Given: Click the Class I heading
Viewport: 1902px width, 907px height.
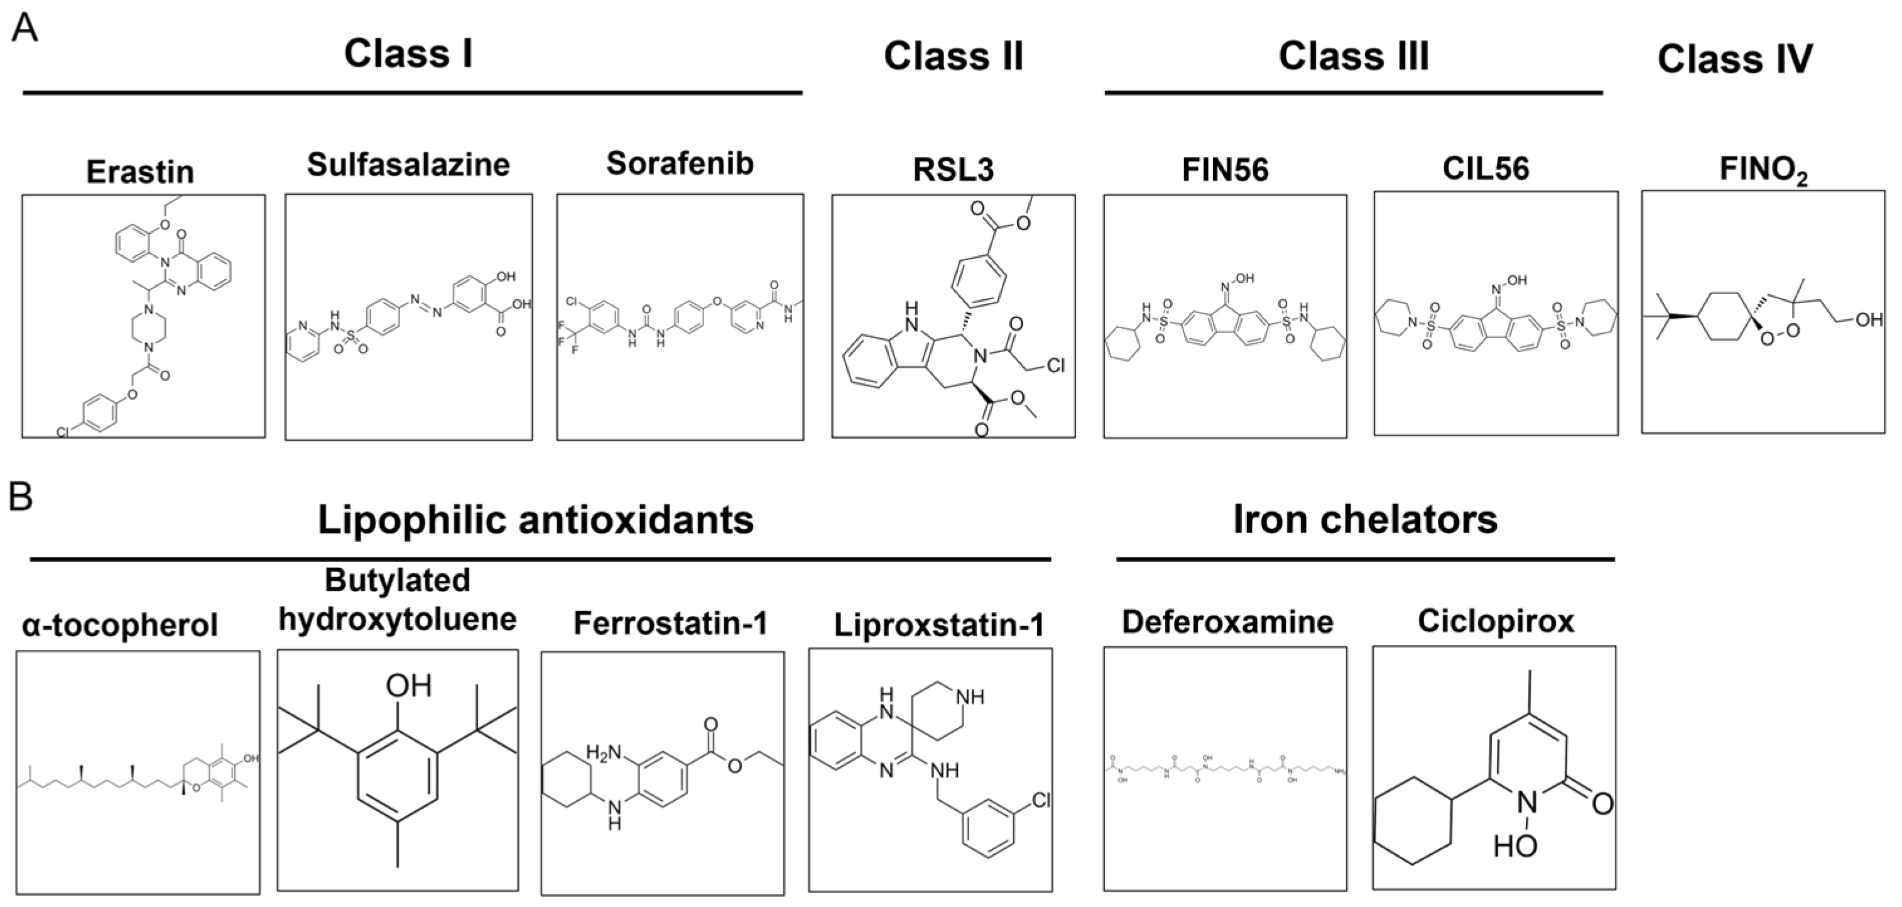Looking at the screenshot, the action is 408,54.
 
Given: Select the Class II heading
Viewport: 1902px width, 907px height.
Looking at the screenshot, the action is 954,56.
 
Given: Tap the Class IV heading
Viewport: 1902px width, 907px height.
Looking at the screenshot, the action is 1734,59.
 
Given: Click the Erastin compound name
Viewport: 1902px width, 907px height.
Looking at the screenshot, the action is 140,172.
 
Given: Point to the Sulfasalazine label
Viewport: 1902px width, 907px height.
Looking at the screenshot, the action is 408,164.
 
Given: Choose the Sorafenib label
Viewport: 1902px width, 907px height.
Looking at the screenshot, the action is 680,163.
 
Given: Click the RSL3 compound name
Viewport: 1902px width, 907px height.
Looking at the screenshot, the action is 954,170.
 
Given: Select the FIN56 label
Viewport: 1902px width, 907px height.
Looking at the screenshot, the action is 1225,170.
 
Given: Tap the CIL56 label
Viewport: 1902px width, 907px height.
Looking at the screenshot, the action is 1486,169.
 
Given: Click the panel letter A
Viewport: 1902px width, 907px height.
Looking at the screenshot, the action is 24,30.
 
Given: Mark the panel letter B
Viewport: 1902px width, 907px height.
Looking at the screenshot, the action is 20,497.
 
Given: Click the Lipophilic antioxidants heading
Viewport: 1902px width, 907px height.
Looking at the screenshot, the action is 535,520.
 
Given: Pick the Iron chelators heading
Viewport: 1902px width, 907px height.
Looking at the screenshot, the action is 1365,519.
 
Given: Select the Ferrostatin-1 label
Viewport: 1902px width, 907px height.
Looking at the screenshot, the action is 670,624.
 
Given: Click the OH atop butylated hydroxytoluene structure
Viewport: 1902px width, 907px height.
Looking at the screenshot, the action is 408,686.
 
